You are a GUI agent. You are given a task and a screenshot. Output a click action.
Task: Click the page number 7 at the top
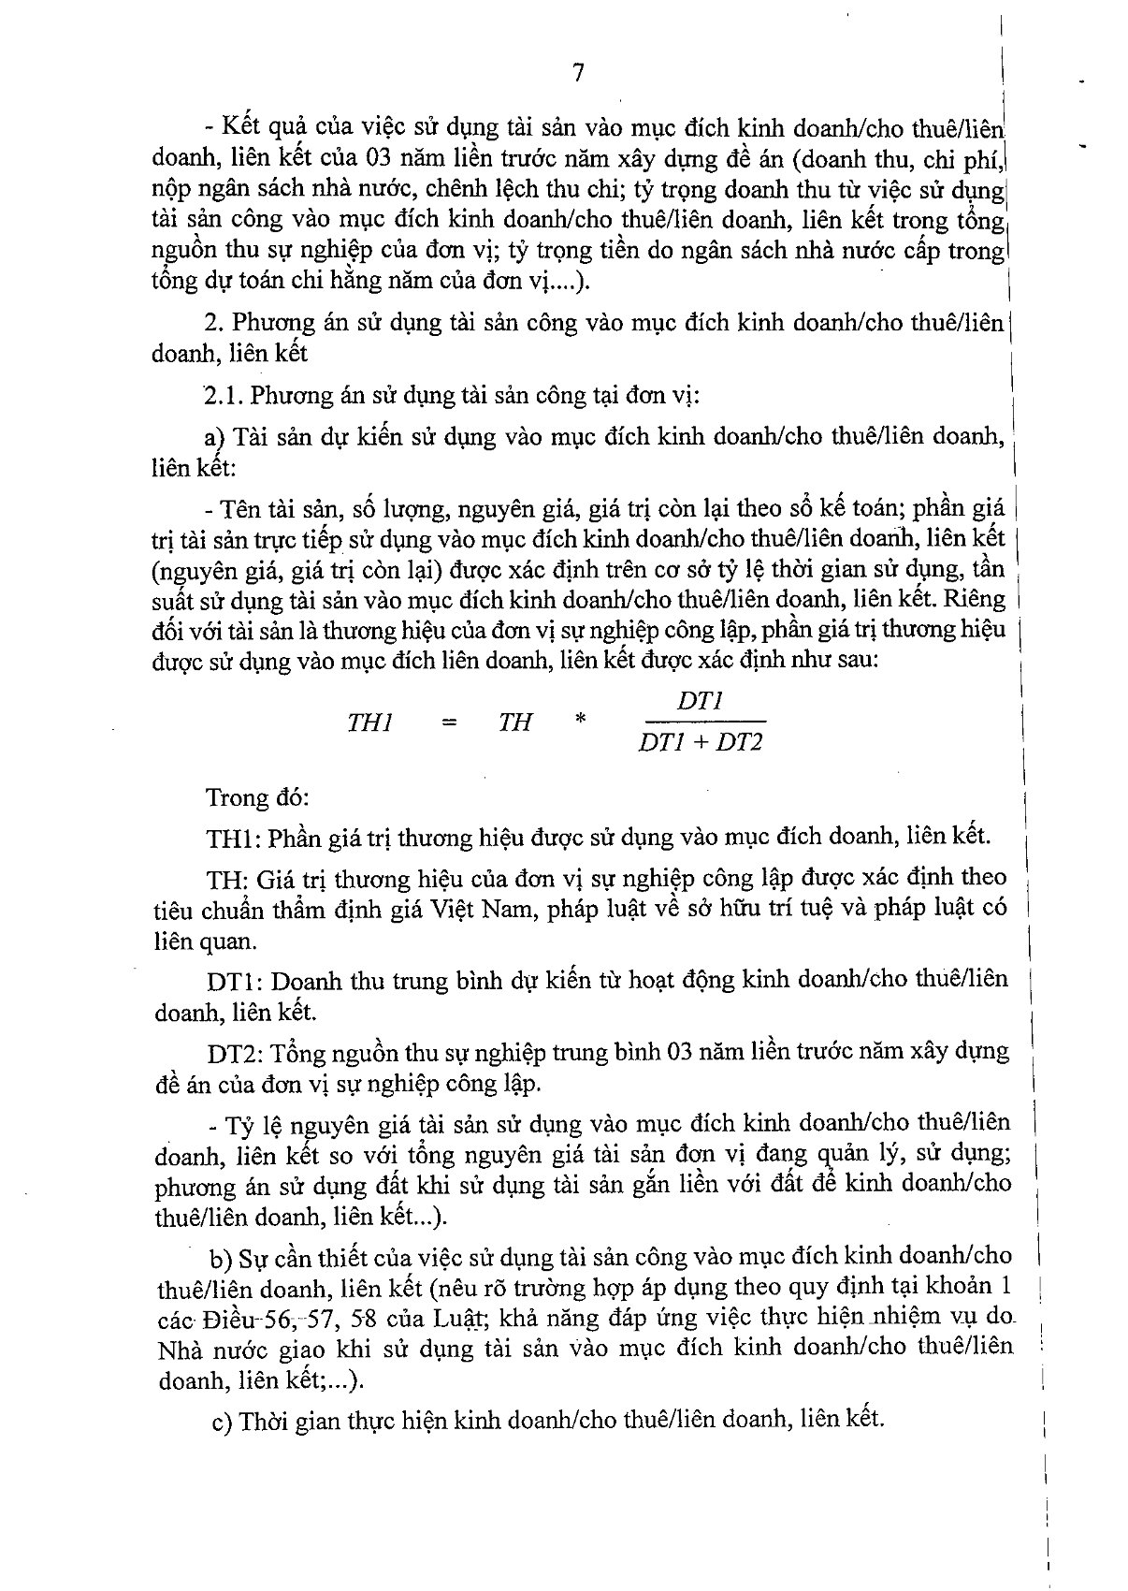tap(578, 73)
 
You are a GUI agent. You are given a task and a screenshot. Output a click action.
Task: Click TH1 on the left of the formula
tap(370, 723)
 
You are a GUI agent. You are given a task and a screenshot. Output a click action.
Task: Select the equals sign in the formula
tap(449, 723)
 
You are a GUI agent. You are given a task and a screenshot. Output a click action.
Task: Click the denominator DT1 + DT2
tap(701, 744)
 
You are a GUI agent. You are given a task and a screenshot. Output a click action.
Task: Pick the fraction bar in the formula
tap(701, 722)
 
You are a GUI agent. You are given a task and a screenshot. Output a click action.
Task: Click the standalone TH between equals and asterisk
tap(514, 723)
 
